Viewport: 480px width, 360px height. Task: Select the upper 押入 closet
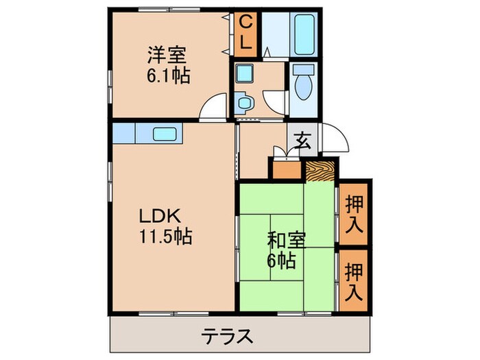pyautogui.click(x=354, y=214)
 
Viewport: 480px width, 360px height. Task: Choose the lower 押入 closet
pyautogui.click(x=354, y=282)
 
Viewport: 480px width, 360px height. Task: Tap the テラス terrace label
pyautogui.click(x=228, y=337)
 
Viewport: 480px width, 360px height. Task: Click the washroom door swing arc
pyautogui.click(x=275, y=103)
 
